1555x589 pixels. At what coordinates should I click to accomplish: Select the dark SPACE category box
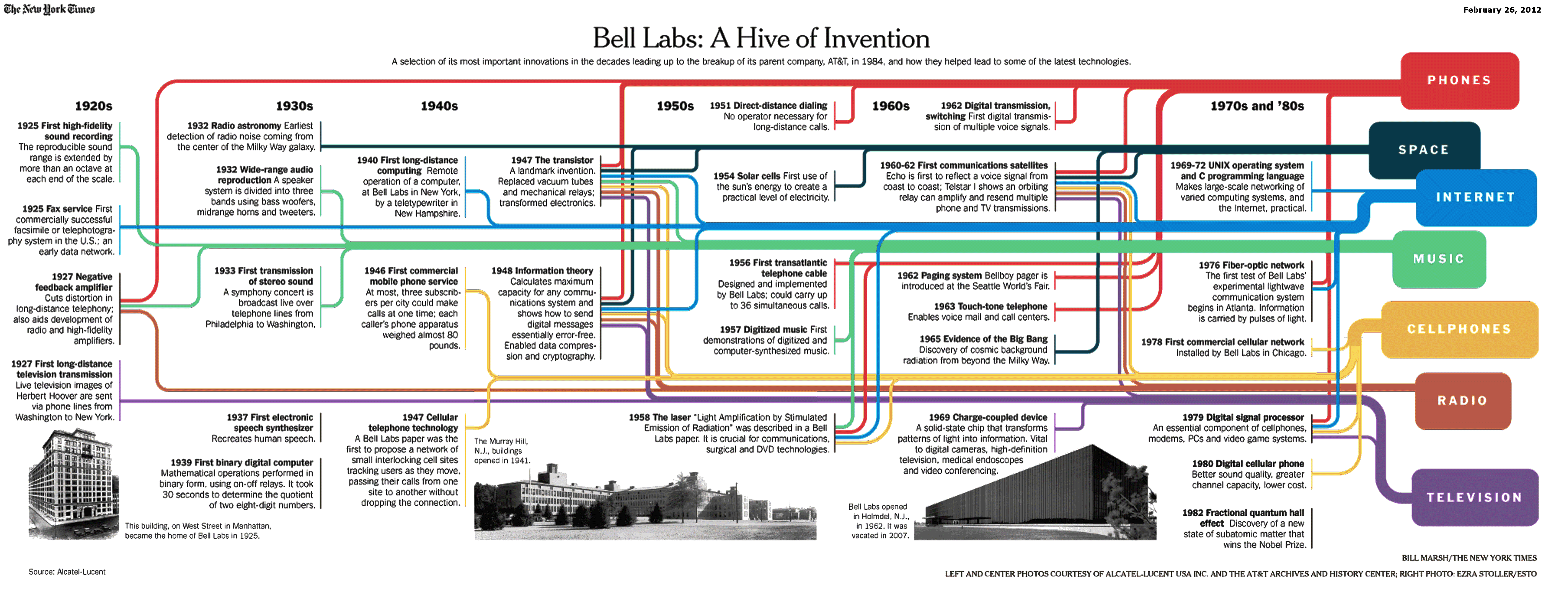point(1424,150)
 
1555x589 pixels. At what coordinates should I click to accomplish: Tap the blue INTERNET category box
point(1476,197)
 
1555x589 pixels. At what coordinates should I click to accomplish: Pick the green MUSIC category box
point(1439,259)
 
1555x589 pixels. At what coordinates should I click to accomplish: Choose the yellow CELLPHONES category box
point(1460,329)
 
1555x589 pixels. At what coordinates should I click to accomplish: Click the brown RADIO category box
point(1463,401)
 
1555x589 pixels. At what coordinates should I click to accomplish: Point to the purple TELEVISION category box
point(1475,497)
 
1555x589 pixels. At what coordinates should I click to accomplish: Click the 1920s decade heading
point(93,106)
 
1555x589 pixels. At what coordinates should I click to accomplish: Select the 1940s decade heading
point(439,106)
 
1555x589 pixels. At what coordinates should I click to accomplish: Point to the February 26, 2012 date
point(1502,10)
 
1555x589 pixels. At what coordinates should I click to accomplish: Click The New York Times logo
point(49,9)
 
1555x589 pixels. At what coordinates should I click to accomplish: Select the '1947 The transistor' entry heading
point(552,160)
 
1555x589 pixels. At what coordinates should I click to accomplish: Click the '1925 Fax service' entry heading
point(58,209)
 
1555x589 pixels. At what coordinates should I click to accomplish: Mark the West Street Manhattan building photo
point(73,484)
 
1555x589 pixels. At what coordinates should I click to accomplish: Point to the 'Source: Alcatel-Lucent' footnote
point(67,572)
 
